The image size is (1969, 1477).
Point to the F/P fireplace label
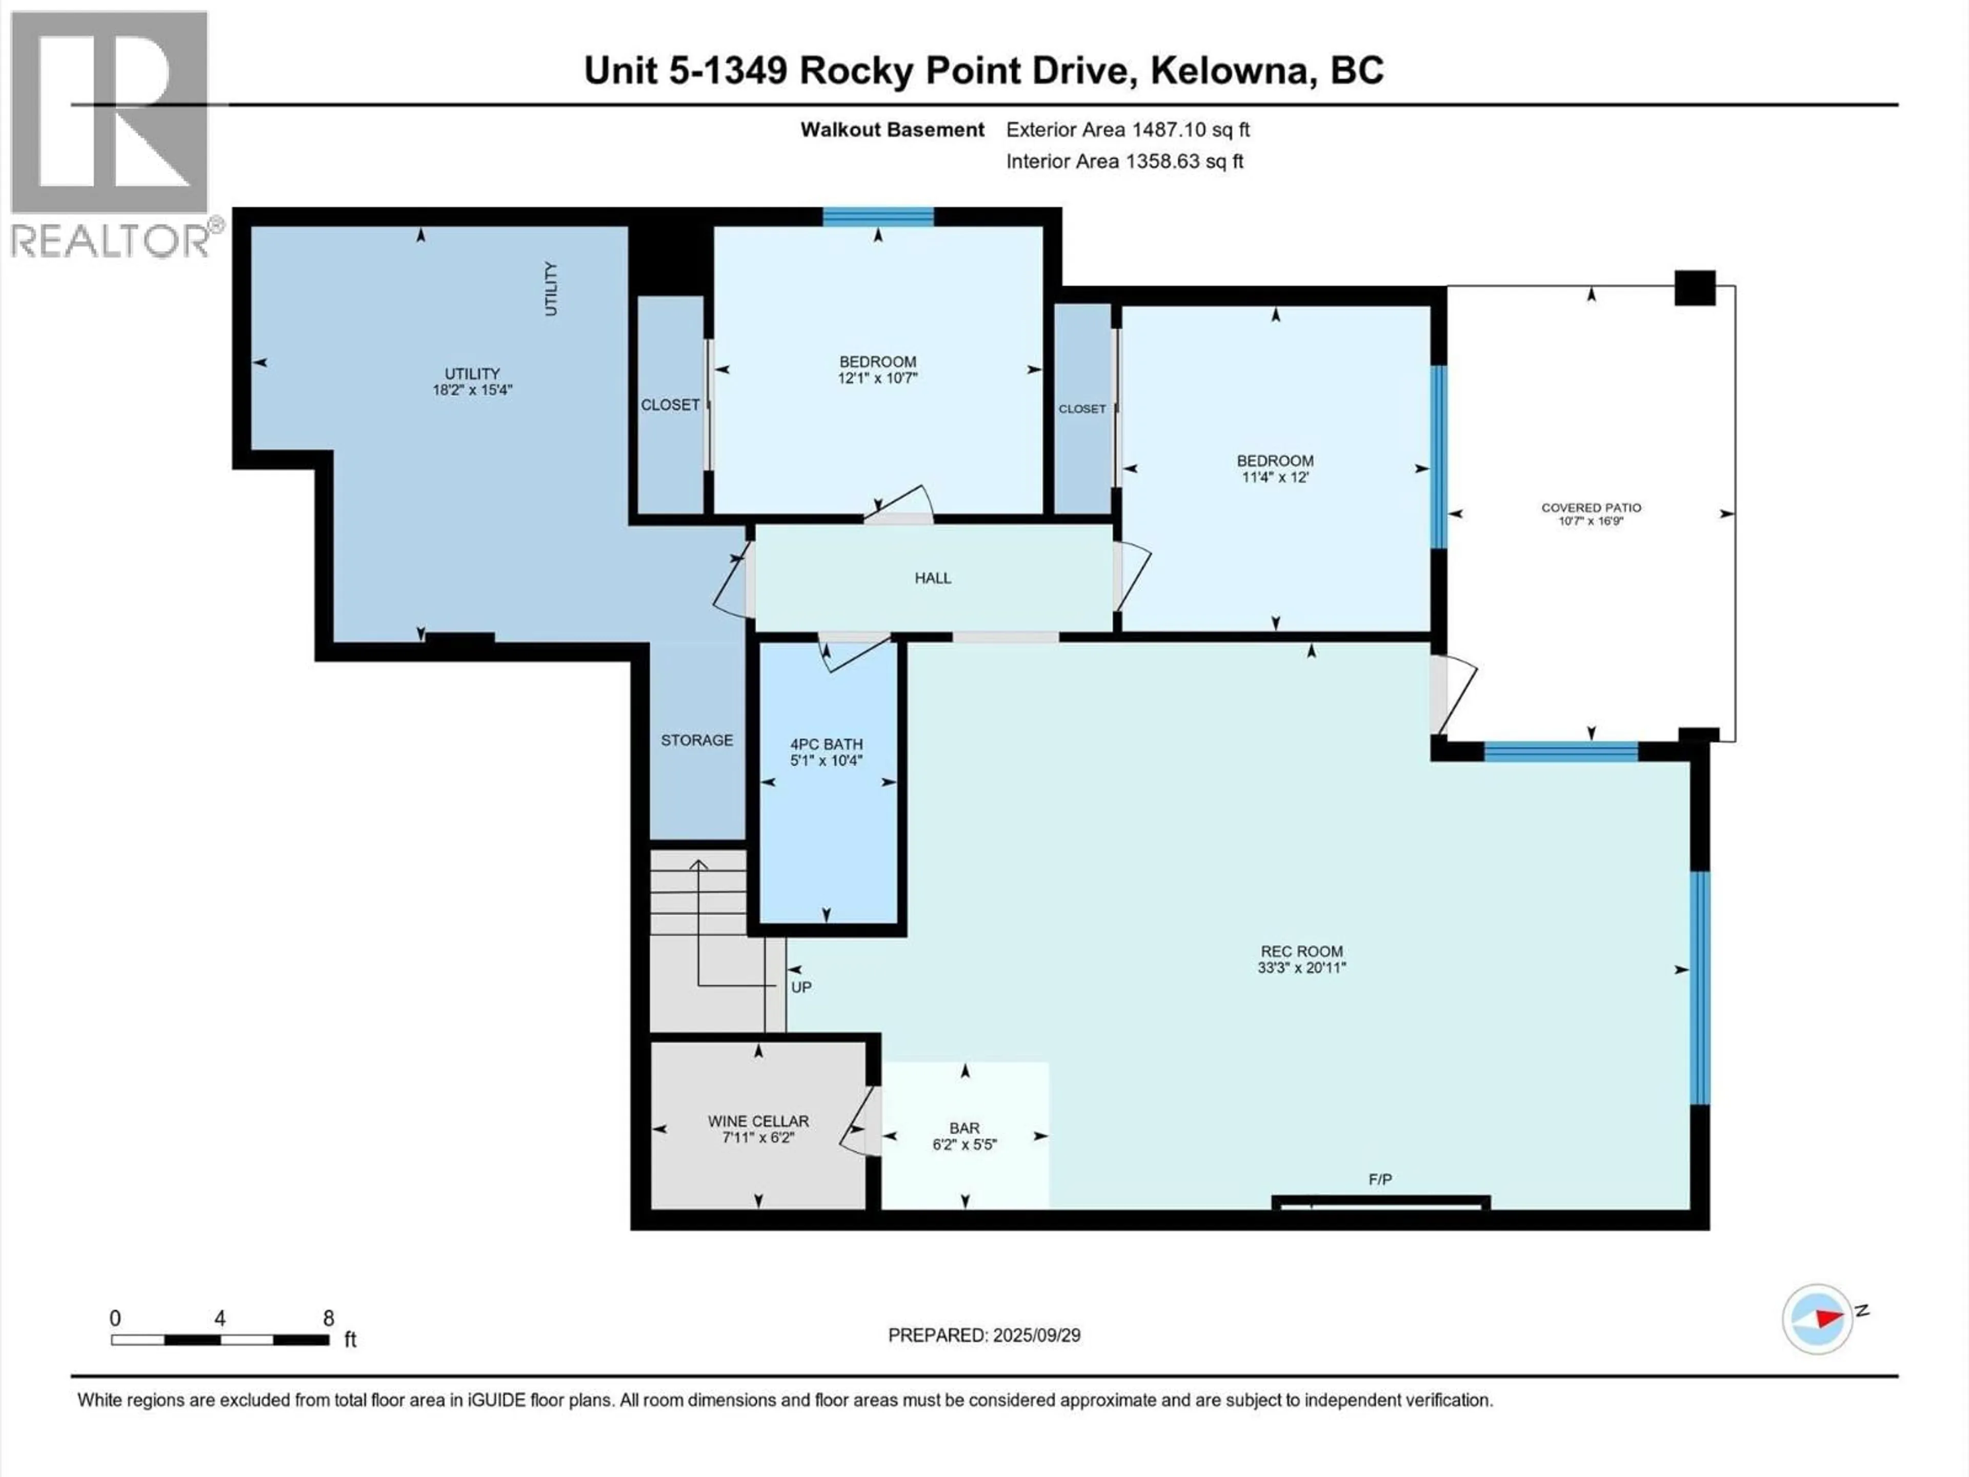pyautogui.click(x=1380, y=1180)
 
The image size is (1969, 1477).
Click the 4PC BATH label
pyautogui.click(x=826, y=744)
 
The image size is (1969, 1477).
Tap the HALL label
pyautogui.click(x=933, y=578)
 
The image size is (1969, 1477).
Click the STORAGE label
pyautogui.click(x=696, y=740)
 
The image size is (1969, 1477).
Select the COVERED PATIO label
pyautogui.click(x=1591, y=508)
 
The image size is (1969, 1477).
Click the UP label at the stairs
pyautogui.click(x=801, y=987)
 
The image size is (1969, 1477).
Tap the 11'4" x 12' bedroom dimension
pyautogui.click(x=1275, y=477)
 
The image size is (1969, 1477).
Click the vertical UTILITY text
pyautogui.click(x=551, y=288)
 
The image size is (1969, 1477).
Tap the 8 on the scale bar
pyautogui.click(x=329, y=1319)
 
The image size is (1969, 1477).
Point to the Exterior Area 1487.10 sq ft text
pyautogui.click(x=1127, y=130)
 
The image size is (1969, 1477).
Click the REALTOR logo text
pyautogui.click(x=111, y=241)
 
